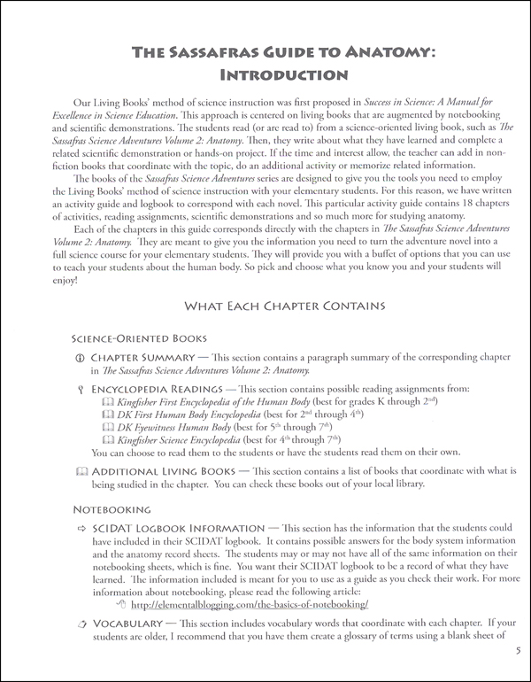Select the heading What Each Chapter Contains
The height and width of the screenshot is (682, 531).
click(283, 306)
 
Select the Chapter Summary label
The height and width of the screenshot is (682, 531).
click(152, 358)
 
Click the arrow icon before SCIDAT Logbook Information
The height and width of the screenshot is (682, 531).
click(80, 528)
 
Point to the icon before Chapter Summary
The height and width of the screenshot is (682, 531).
click(80, 358)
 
